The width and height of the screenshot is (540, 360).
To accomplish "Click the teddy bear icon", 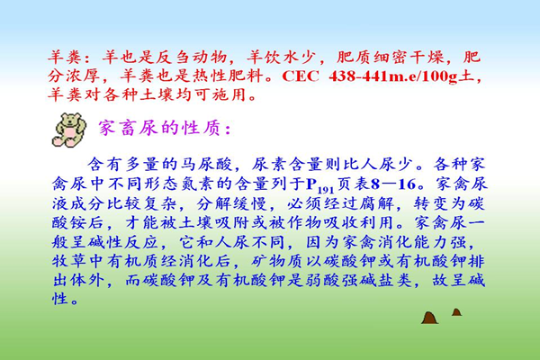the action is (69, 130).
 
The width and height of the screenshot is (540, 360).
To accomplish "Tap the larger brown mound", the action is (429, 318).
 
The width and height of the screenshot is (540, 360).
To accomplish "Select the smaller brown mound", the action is (456, 312).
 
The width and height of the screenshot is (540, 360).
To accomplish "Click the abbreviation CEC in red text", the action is (301, 76).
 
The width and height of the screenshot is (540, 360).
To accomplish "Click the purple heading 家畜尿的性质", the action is (160, 128).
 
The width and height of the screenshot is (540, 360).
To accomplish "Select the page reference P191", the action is (319, 185).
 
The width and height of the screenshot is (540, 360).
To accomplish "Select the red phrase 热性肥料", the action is (228, 76).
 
